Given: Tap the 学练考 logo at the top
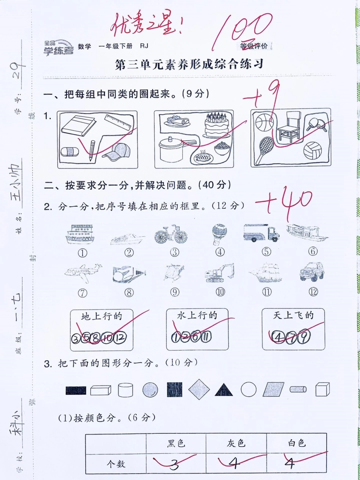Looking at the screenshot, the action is (x=58, y=48).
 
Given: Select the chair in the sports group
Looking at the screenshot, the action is (x=288, y=127).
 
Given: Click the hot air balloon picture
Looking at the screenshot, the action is (x=219, y=234).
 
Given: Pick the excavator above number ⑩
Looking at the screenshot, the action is (x=219, y=273).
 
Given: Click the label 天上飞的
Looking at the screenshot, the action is (x=293, y=315).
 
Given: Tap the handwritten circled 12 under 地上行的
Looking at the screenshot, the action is (x=121, y=338).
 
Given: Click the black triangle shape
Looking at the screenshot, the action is (x=224, y=390).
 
